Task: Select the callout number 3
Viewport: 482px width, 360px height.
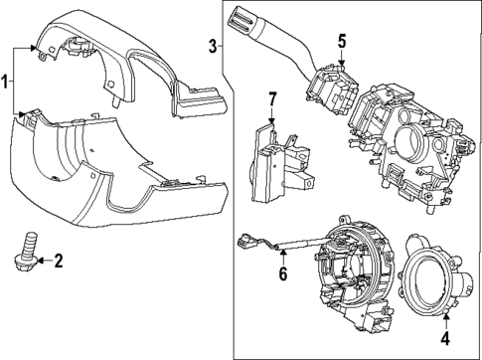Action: [213, 45]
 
